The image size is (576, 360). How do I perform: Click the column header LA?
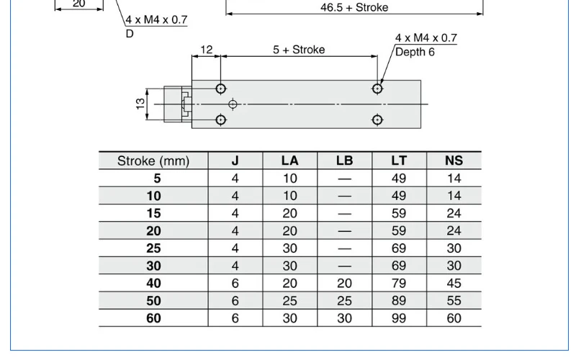pyautogui.click(x=290, y=161)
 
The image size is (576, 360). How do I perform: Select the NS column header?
pyautogui.click(x=454, y=161)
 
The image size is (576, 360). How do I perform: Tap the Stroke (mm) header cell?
pyautogui.click(x=153, y=161)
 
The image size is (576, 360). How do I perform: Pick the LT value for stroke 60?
pyautogui.click(x=399, y=318)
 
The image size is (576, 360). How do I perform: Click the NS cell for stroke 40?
pyautogui.click(x=454, y=283)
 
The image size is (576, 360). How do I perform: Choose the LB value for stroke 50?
pyautogui.click(x=344, y=301)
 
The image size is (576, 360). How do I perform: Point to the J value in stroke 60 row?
pyautogui.click(x=235, y=318)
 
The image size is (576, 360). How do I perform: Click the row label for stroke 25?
pyautogui.click(x=153, y=248)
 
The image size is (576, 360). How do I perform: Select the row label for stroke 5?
pyautogui.click(x=157, y=179)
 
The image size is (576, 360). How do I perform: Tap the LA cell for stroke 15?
pyautogui.click(x=290, y=213)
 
